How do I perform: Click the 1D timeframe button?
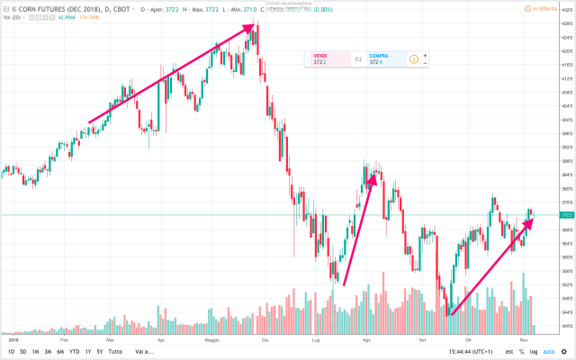coord(10,351)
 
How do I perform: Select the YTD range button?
coord(73,351)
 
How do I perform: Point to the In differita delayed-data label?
coord(544,8)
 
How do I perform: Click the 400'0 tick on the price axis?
coord(565,120)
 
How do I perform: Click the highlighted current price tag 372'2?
coord(566,215)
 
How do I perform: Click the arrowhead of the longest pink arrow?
coord(251,28)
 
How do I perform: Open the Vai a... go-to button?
coord(142,351)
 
